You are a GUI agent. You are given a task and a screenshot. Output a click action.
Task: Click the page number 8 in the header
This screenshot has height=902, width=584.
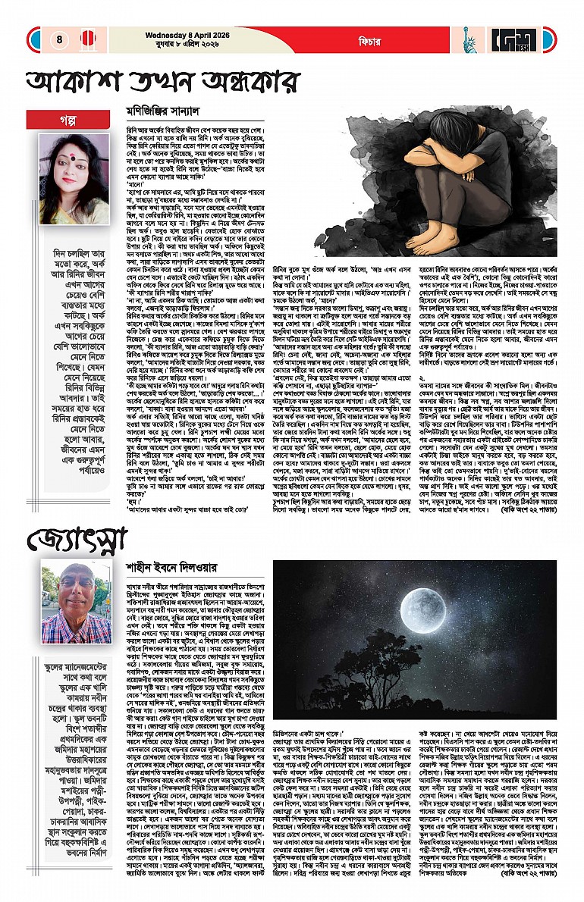(x=58, y=39)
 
